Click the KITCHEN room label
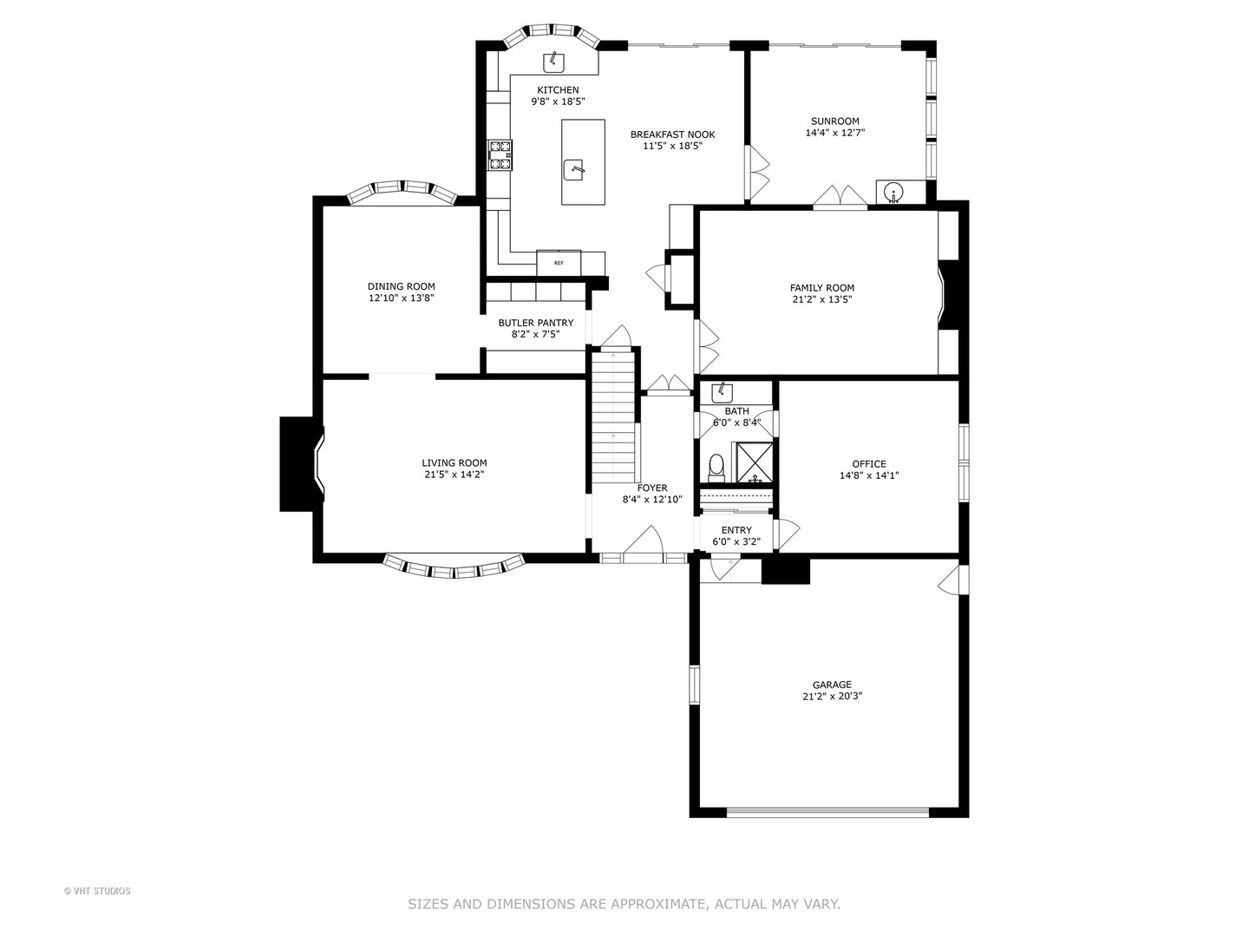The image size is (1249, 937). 558,90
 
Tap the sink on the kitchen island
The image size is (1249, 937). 574,168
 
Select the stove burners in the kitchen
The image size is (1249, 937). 500,154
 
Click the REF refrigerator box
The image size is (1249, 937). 559,262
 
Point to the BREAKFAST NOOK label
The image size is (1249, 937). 672,134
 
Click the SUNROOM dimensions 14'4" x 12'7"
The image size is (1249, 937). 834,134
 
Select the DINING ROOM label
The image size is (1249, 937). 401,286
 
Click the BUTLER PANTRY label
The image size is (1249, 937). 535,323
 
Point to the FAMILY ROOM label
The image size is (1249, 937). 821,288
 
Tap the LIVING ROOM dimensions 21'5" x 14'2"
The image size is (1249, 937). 454,475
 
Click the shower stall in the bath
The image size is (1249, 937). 753,462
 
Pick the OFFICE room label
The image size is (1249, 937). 868,464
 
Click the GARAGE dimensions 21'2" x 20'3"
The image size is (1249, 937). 832,696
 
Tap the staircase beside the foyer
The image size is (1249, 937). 614,416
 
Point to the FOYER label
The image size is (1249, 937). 652,488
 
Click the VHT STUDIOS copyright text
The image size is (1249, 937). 97,891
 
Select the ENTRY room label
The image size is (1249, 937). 736,530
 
